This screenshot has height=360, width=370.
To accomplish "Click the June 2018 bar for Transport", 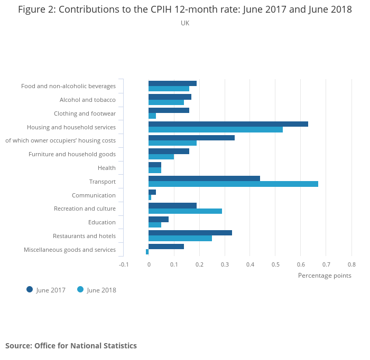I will (233, 184).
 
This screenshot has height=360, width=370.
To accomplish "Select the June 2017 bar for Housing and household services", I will (228, 124).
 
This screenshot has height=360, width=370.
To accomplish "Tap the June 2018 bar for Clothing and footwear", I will (152, 116).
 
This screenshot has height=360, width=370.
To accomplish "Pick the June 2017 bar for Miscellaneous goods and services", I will (166, 247).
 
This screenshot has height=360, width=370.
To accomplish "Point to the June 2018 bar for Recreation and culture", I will (185, 211).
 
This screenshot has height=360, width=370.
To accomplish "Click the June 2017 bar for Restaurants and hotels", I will (190, 233).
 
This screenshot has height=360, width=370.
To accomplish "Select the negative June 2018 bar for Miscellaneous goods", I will (147, 252).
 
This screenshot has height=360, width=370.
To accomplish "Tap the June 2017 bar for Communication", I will (152, 192).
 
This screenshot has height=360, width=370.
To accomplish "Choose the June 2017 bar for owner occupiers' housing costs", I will (191, 138).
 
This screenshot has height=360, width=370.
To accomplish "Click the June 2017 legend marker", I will (30, 289).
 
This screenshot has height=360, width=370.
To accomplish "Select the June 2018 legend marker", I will (80, 289).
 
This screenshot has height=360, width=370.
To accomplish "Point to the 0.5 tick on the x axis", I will (275, 264).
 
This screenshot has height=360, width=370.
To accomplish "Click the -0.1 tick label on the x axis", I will (123, 264).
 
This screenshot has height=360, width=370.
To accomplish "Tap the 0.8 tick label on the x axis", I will (351, 264).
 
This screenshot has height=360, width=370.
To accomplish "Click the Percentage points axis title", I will (325, 275).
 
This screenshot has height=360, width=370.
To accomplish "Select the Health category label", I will (107, 168).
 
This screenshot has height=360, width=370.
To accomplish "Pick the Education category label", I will (102, 222).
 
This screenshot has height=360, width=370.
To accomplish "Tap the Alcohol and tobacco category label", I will (88, 100).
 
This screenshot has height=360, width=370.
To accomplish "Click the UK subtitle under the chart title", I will (185, 23).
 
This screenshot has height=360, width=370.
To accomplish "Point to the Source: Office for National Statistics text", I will (71, 346).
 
